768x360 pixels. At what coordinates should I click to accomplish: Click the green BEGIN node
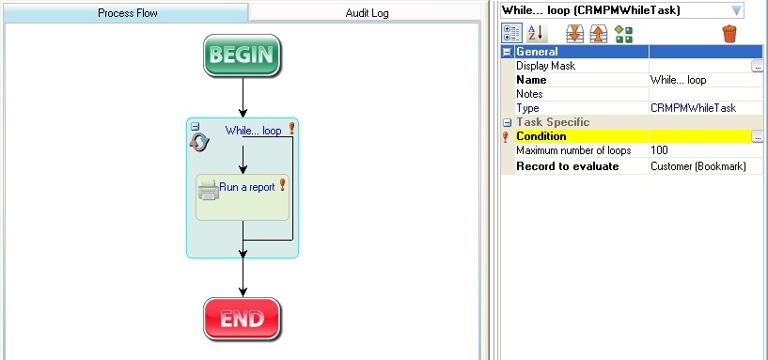click(x=243, y=55)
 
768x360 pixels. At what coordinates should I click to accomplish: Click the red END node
click(x=243, y=319)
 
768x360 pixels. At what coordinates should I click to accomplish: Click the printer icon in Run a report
click(x=208, y=190)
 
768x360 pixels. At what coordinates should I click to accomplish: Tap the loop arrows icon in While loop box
click(x=199, y=141)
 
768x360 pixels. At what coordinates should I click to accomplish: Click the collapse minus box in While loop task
click(x=195, y=127)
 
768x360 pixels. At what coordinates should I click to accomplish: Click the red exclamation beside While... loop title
click(x=291, y=129)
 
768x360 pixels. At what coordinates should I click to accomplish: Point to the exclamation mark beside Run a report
click(x=282, y=185)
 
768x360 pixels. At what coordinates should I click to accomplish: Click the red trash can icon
click(x=729, y=34)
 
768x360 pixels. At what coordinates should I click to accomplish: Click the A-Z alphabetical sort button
click(x=534, y=34)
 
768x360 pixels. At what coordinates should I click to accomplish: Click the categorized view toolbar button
click(x=510, y=34)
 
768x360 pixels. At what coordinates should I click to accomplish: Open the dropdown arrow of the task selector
click(x=736, y=10)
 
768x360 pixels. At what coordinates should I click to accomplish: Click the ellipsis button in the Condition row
click(x=758, y=137)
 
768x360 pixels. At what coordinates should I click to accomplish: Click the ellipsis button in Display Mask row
click(x=758, y=67)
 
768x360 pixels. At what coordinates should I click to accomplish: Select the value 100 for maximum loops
click(x=659, y=151)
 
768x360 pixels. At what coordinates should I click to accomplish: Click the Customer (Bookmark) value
click(x=694, y=166)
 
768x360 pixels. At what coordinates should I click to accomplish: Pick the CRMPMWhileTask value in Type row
click(x=694, y=109)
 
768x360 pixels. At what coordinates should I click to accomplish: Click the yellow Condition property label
click(x=541, y=137)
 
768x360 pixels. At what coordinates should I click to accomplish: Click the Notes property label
click(x=530, y=95)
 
